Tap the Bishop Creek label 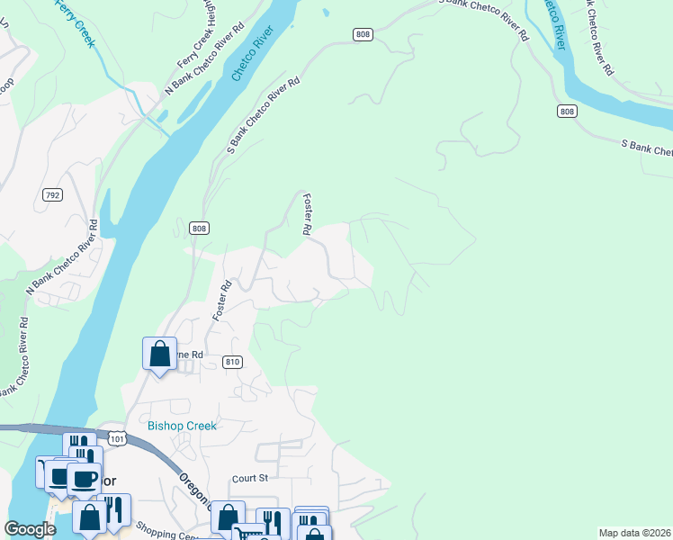pyautogui.click(x=182, y=426)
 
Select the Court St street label pyautogui.click(x=250, y=479)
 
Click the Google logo pyautogui.click(x=30, y=530)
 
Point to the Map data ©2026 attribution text pyautogui.click(x=634, y=533)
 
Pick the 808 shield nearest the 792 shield pyautogui.click(x=199, y=229)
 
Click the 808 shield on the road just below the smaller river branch pyautogui.click(x=566, y=112)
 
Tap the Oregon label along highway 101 pyautogui.click(x=194, y=491)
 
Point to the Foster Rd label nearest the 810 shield pyautogui.click(x=221, y=301)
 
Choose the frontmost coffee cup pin pyautogui.click(x=84, y=480)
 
